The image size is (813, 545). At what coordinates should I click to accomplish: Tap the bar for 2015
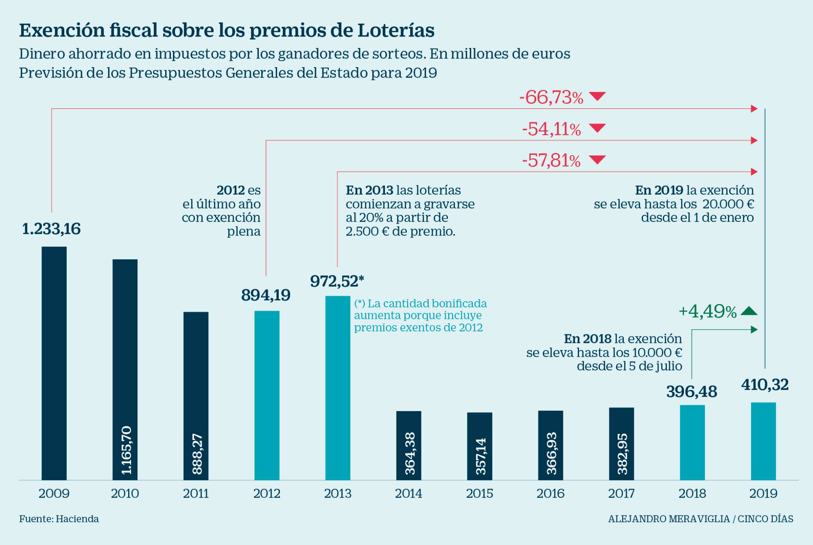coord(480,446)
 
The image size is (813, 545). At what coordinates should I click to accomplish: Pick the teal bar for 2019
coord(763,441)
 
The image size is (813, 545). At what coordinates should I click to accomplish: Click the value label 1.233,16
coord(51,229)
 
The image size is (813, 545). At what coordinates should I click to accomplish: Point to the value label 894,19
coord(266,295)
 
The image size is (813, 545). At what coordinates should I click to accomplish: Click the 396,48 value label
coord(691,392)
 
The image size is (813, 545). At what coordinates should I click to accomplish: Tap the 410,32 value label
coord(765,384)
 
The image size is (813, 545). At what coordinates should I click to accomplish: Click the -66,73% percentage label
coord(551,98)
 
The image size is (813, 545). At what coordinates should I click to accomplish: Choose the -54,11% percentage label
coord(551,129)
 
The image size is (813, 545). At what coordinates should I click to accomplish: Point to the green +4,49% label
coord(707,311)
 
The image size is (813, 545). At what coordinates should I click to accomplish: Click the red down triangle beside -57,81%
coord(597,160)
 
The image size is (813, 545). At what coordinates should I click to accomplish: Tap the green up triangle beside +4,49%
coord(749,311)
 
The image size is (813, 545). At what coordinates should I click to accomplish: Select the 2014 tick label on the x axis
coord(409,494)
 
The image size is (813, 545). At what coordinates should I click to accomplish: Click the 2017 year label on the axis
coord(621,494)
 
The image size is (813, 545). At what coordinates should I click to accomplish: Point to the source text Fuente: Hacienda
coord(59,519)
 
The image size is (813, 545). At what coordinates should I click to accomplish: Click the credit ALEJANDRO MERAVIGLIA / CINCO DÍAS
coord(701,519)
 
